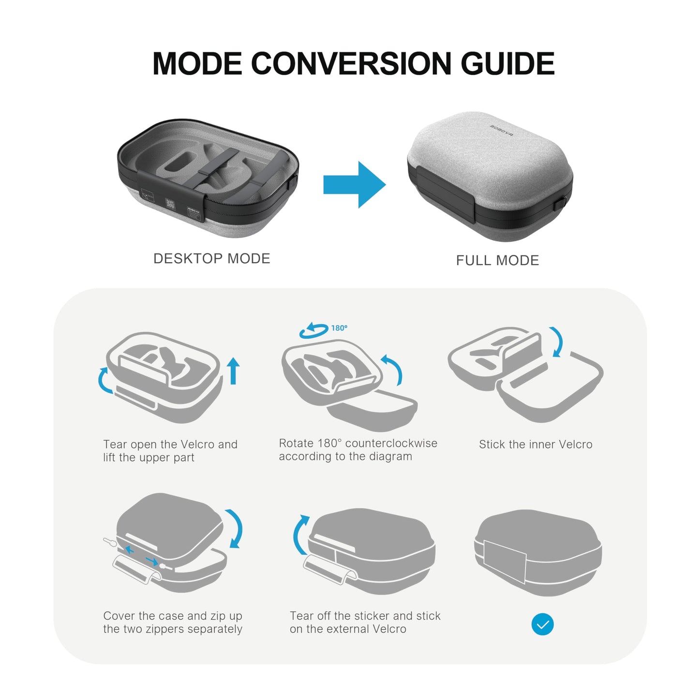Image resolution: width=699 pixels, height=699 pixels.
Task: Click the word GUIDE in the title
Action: [507, 63]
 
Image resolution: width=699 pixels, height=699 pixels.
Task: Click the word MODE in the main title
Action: [197, 63]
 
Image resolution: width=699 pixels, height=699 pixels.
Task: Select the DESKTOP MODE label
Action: [211, 258]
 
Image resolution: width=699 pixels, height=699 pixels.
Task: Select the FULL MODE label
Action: [497, 260]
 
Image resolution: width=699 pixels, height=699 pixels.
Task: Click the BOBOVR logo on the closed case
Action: [502, 130]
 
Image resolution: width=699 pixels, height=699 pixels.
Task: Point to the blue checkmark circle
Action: [542, 625]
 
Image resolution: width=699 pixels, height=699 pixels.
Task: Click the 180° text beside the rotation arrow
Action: [339, 328]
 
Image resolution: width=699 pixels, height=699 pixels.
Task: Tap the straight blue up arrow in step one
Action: [234, 371]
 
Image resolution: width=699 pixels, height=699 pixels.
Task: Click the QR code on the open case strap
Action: [170, 204]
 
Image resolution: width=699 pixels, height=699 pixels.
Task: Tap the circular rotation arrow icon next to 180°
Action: [313, 331]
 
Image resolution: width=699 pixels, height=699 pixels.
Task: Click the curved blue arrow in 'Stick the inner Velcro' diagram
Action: [558, 342]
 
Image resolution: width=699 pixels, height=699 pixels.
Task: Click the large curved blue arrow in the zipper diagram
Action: [235, 528]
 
